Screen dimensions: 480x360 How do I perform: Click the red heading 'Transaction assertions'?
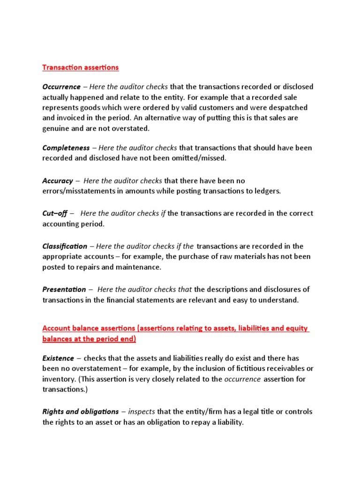(x=81, y=67)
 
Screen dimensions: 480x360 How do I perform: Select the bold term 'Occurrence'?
(x=61, y=87)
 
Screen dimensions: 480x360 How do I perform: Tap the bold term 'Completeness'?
(x=66, y=148)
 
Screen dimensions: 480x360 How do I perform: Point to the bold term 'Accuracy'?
(x=58, y=181)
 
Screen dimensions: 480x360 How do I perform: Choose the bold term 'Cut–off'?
(x=55, y=214)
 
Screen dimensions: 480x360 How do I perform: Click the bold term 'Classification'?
(x=65, y=247)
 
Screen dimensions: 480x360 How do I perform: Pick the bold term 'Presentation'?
(x=64, y=290)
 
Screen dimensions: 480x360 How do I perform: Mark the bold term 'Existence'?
(x=58, y=359)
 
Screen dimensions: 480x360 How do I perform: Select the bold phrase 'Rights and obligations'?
(x=81, y=412)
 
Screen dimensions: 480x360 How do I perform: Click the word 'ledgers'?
(x=268, y=191)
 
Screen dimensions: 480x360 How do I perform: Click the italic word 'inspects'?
(x=141, y=412)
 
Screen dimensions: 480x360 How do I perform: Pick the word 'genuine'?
(x=55, y=128)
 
